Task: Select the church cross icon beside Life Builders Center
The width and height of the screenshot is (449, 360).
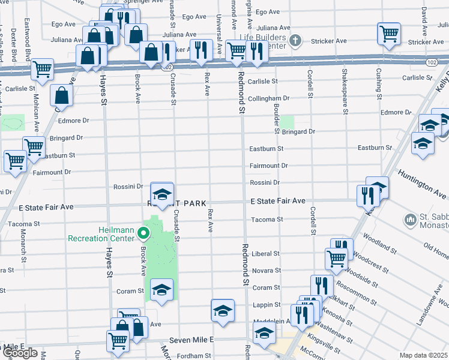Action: point(295,41)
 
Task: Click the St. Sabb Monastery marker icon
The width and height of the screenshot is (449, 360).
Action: point(411,220)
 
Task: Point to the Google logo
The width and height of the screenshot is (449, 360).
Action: point(20,353)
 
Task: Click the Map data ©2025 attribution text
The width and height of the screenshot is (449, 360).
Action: point(424,355)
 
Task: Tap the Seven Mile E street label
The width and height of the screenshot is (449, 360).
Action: point(191,340)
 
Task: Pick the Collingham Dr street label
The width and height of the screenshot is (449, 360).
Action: point(269,98)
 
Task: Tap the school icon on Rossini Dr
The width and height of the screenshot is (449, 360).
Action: point(161,193)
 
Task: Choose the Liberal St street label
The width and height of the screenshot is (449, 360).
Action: point(266,254)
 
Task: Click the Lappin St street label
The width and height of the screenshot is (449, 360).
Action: point(266,305)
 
